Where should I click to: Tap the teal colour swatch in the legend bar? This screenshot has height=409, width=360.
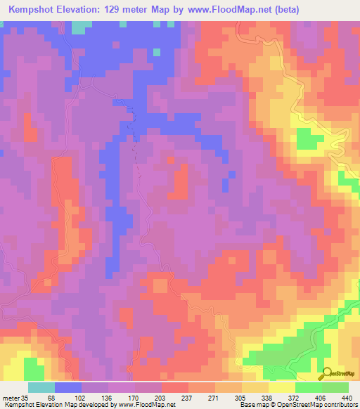tap(41, 387)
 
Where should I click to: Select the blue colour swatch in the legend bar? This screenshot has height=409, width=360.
tap(68, 387)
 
